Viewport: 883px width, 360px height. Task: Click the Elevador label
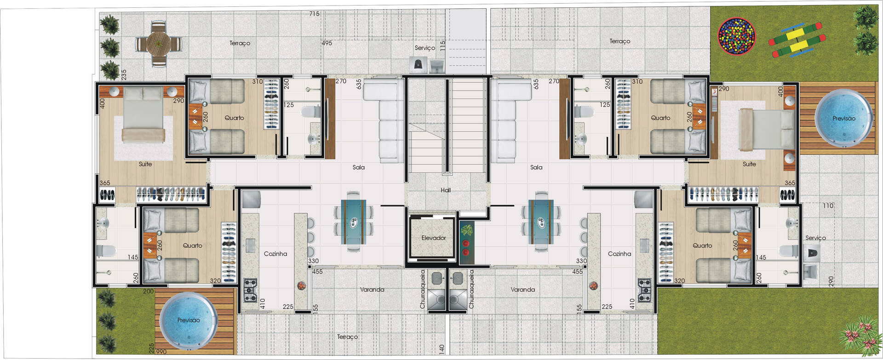(434, 238)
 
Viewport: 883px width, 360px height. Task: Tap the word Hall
(446, 190)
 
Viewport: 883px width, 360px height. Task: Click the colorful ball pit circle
(737, 36)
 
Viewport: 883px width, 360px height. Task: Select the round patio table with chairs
(158, 45)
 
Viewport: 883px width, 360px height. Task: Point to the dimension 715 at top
(314, 14)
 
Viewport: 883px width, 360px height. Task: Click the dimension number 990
(161, 352)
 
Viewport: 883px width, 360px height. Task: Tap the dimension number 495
(327, 43)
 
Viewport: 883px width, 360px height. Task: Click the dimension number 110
(828, 206)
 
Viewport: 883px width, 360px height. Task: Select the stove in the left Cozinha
(250, 291)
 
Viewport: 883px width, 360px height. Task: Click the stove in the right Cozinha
(644, 290)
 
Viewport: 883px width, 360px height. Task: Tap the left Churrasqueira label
(422, 289)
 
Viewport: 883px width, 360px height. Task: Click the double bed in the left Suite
(143, 115)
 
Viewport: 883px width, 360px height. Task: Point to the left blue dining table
(353, 222)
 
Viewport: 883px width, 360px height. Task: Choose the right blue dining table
(541, 222)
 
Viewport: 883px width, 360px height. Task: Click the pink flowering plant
(858, 334)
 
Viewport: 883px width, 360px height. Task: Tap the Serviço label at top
(424, 48)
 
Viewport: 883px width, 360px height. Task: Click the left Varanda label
(372, 290)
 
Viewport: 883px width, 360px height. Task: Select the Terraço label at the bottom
(347, 337)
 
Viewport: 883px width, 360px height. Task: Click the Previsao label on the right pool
(844, 119)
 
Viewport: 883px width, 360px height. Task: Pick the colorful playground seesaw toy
(797, 40)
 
